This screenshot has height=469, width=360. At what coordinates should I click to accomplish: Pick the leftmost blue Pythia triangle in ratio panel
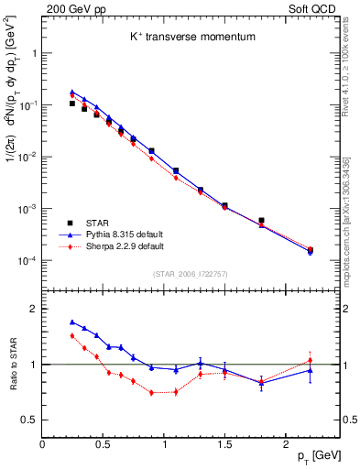pyautogui.click(x=72, y=322)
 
